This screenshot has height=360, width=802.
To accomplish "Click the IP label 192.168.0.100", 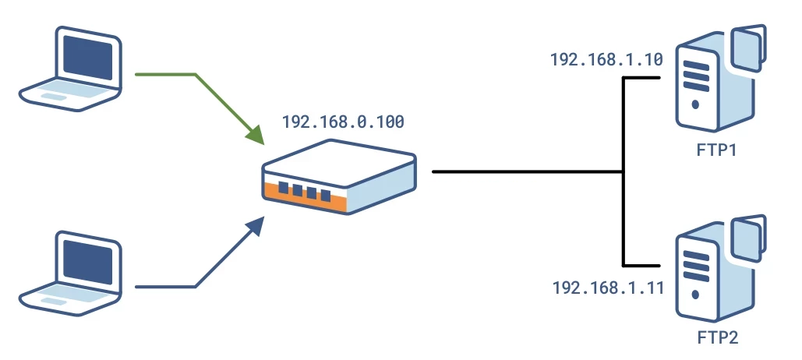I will pos(343,122).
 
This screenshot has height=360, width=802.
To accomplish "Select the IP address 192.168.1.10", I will pos(595,59).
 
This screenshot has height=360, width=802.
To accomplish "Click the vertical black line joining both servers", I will pos(624,171).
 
